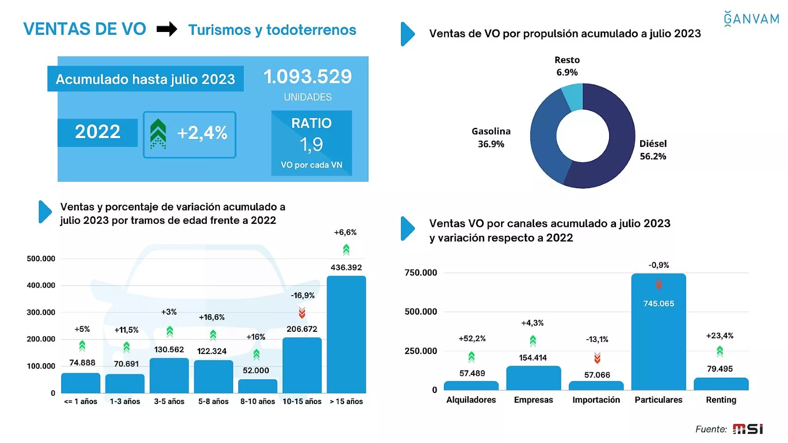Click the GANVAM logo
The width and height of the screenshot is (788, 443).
(751, 19)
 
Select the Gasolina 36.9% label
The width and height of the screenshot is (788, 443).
(491, 138)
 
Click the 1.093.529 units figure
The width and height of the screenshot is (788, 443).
(308, 77)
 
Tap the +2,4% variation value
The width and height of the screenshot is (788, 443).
(202, 133)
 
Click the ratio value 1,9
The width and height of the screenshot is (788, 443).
(311, 145)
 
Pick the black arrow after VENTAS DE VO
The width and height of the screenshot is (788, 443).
(167, 29)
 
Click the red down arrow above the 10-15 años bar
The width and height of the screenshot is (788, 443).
(302, 313)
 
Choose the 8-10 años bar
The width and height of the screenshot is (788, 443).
(258, 386)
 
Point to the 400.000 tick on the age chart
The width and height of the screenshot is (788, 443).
(41, 285)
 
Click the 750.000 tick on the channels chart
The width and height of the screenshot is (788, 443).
(420, 273)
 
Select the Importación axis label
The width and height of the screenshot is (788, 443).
(596, 400)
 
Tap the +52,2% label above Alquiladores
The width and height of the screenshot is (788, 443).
(472, 339)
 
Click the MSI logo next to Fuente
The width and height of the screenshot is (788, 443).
(748, 429)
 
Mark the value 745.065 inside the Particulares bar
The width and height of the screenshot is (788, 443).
(659, 304)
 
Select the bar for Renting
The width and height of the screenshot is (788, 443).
(721, 384)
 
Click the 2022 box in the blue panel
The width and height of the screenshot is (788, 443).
(98, 133)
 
